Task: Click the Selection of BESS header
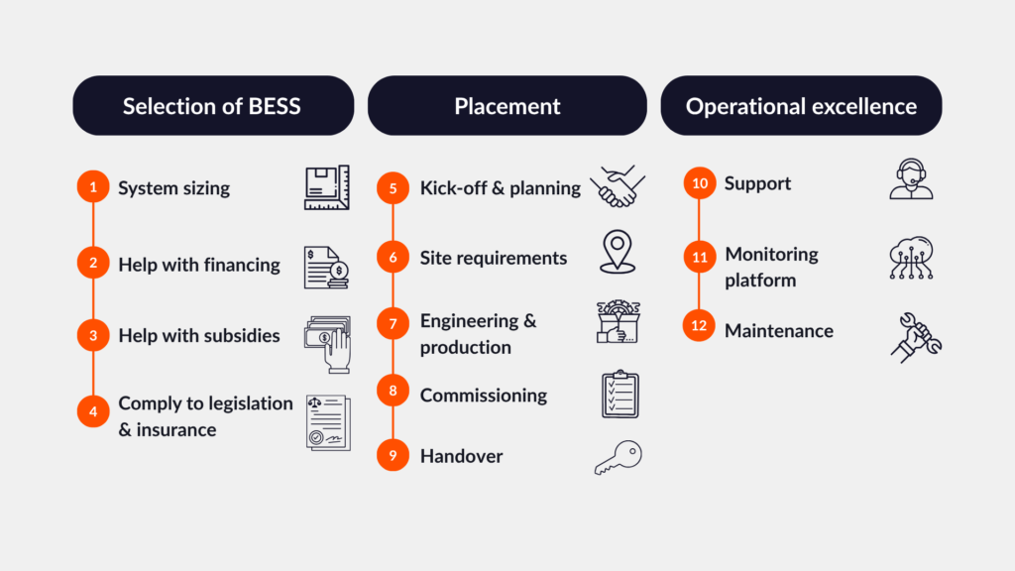click(212, 106)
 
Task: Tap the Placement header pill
click(507, 106)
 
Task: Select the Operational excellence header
click(801, 106)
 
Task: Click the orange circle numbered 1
click(93, 187)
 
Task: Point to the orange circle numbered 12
click(699, 326)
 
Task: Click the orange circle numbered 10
click(699, 183)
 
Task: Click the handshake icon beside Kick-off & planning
click(618, 187)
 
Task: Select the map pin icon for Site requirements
click(618, 252)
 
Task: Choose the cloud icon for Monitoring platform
click(911, 257)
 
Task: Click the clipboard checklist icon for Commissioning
click(620, 395)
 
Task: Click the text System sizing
click(173, 187)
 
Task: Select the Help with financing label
click(199, 265)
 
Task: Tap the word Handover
click(461, 456)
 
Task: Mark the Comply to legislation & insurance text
click(205, 416)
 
